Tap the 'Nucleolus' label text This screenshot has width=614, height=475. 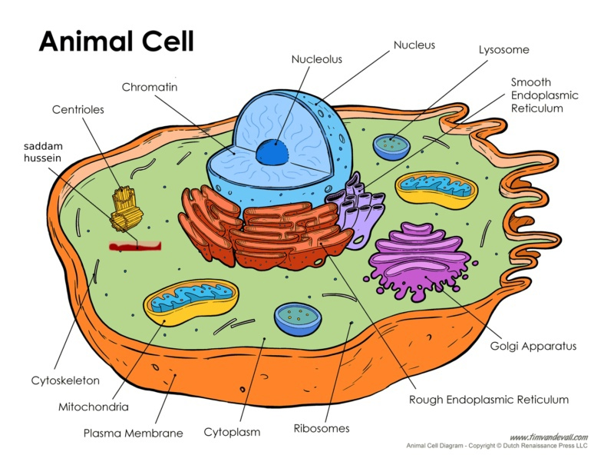[316, 58]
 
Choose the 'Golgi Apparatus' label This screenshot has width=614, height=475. [533, 346]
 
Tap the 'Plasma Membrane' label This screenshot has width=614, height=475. [133, 433]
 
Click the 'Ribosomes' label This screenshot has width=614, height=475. [322, 428]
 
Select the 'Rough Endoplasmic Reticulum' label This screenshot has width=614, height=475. [488, 399]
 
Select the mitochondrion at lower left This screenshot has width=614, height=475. [192, 303]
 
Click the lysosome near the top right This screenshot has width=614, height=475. [392, 144]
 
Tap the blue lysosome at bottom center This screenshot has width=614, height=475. [298, 317]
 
